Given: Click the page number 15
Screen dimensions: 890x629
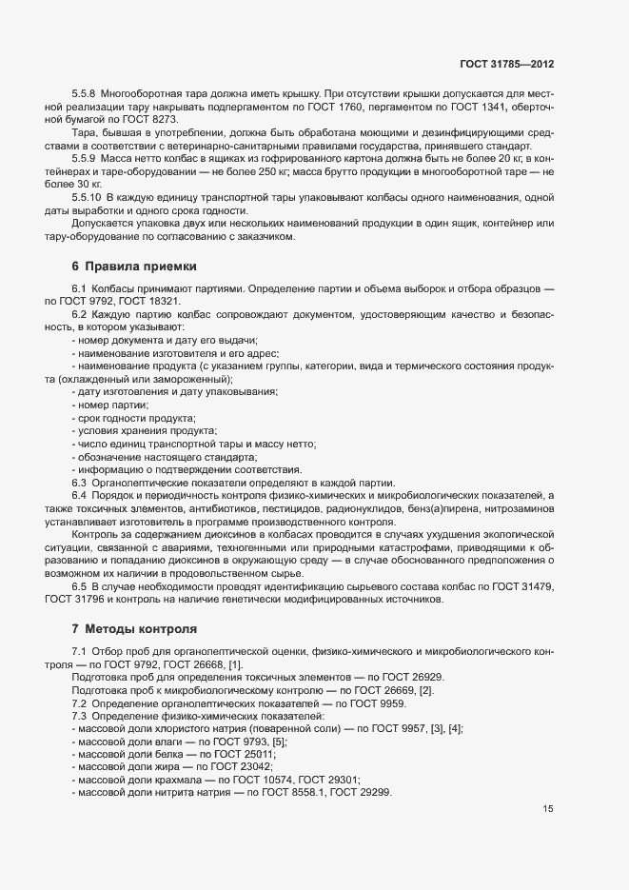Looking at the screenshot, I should click(548, 809).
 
